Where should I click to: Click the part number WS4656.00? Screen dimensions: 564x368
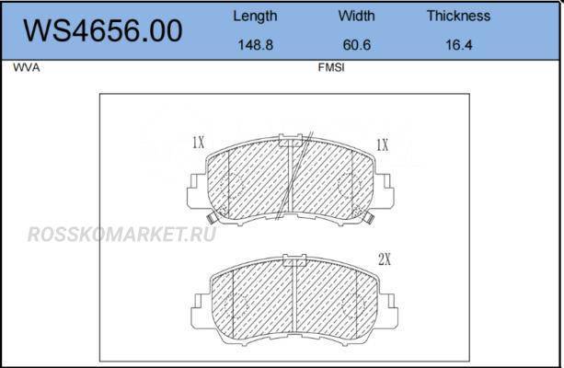[103, 30]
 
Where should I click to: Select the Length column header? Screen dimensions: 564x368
[255, 17]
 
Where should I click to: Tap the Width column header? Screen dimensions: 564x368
[356, 16]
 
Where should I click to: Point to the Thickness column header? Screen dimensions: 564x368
[458, 16]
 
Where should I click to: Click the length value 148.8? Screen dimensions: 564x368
[256, 45]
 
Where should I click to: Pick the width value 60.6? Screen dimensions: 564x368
[356, 45]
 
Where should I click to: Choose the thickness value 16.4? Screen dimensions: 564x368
[458, 45]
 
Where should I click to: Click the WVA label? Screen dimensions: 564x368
[27, 68]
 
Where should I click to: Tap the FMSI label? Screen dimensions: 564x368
[331, 68]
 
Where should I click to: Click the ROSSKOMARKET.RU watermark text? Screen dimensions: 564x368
[122, 235]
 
